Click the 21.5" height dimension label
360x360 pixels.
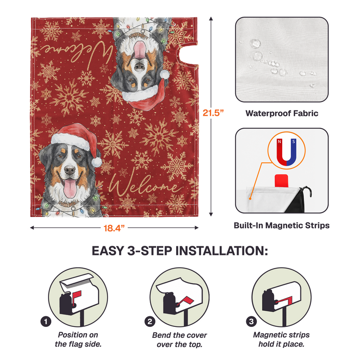pos(213,113)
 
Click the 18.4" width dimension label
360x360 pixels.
pos(114,228)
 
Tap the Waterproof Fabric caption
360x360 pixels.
pos(282,113)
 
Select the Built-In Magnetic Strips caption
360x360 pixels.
pos(281,225)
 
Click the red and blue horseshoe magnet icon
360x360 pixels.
pos(286,152)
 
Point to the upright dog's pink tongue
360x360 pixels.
pos(70,188)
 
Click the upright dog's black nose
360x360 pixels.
pos(70,170)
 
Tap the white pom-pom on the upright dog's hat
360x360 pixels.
pos(96,162)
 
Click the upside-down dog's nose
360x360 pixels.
pos(139,67)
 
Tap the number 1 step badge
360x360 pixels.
pos(46,322)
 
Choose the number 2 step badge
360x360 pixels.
pos(150,322)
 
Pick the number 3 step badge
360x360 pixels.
pos(252,322)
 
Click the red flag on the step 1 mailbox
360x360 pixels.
pos(77,296)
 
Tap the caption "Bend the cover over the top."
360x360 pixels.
pos(180,340)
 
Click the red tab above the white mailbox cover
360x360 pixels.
pos(281,180)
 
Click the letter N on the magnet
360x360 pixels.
pos(279,142)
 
